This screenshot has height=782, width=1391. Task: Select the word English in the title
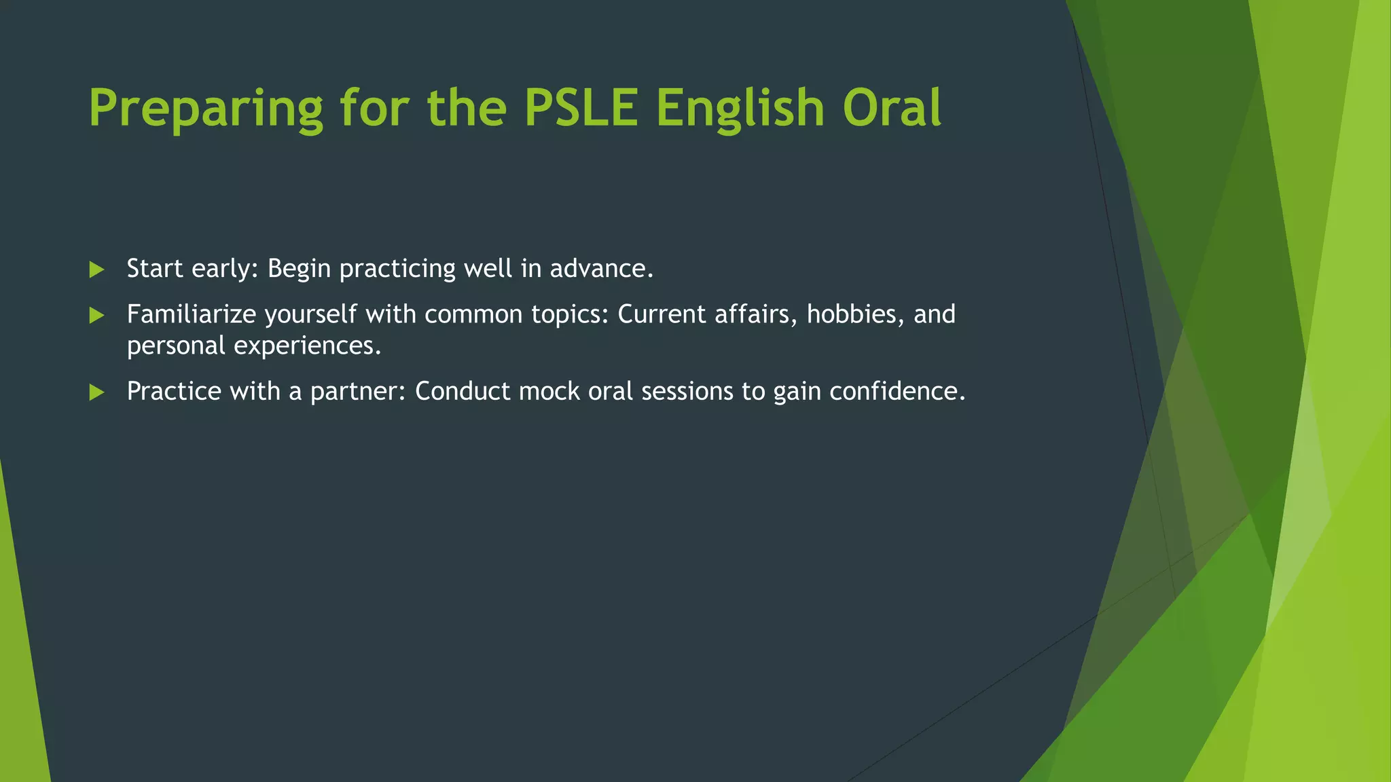(x=740, y=109)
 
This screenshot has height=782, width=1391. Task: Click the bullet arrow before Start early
(x=96, y=269)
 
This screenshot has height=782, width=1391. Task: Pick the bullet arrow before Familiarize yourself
(x=96, y=315)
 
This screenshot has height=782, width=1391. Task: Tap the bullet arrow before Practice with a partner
(x=96, y=392)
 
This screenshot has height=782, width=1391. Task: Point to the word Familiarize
(x=191, y=314)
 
